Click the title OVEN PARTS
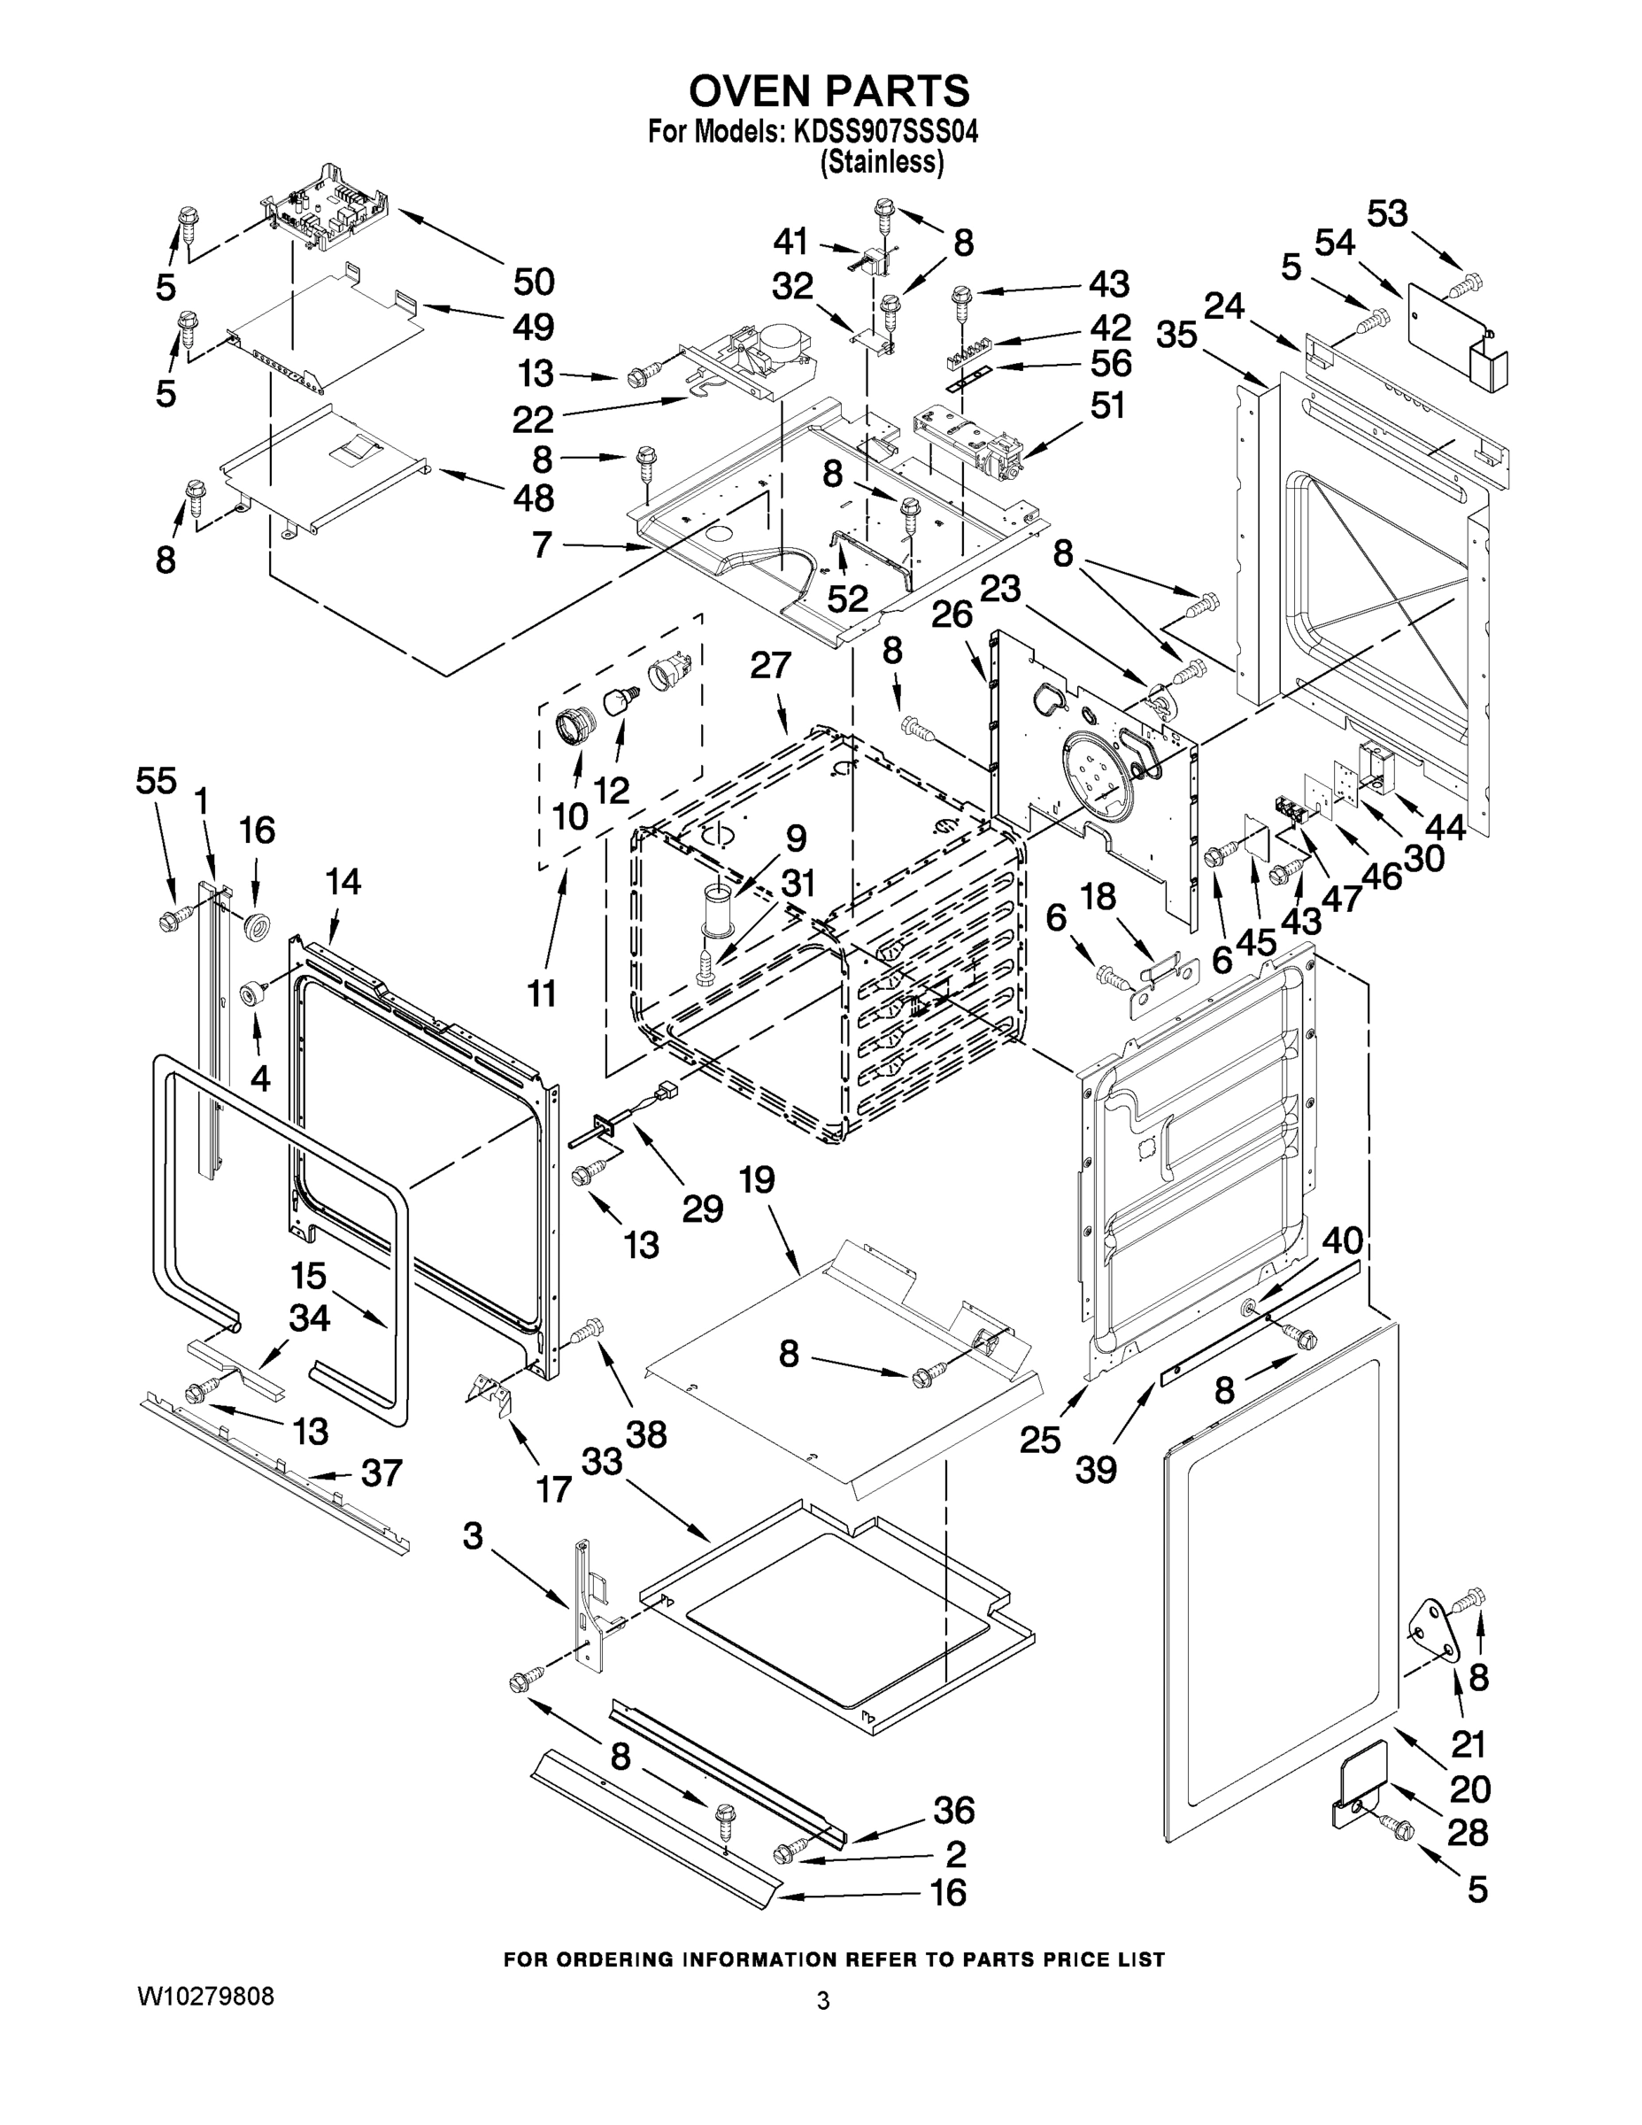(x=829, y=90)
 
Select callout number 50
(x=533, y=282)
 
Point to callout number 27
(x=770, y=666)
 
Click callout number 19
(x=757, y=1180)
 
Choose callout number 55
(x=156, y=780)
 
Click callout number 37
(x=382, y=1473)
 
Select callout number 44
(x=1445, y=827)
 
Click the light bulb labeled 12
(x=619, y=700)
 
